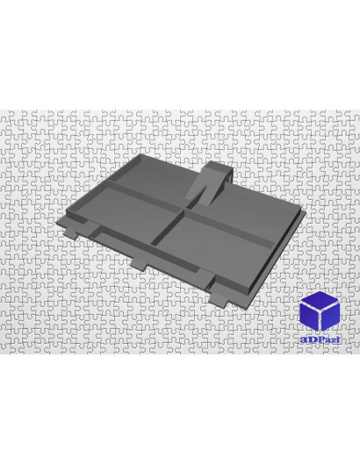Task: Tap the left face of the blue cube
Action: tap(309, 317)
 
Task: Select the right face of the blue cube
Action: tap(330, 317)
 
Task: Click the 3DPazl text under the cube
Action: tap(320, 340)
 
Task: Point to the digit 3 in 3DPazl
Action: tap(303, 340)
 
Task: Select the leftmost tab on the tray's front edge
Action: tap(71, 232)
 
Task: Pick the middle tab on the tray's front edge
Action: tap(139, 265)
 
